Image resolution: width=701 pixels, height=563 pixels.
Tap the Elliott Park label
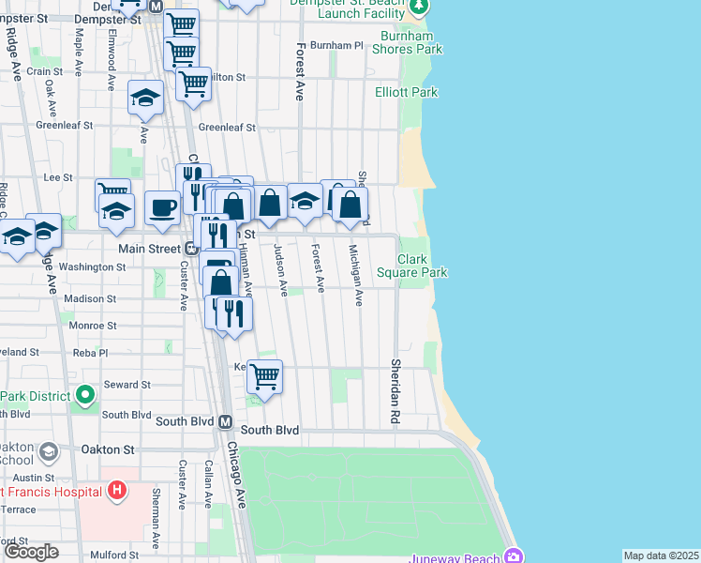pos(406,93)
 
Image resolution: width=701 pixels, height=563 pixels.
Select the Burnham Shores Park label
pos(410,42)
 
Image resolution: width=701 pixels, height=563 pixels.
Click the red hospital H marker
pos(116,489)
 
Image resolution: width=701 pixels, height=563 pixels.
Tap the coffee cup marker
pos(163,207)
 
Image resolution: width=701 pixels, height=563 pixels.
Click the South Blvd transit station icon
pos(225,423)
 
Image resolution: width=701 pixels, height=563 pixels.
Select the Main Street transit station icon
pos(189,249)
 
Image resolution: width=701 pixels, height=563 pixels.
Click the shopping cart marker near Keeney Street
pos(265,375)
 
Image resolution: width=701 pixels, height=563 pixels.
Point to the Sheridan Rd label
pos(395,376)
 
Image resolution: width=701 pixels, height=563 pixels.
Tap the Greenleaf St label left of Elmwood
pos(65,125)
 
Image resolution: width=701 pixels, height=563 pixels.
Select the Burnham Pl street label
pos(336,45)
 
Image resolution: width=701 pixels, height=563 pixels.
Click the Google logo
pos(31,552)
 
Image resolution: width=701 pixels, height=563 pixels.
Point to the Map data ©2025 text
pos(661,555)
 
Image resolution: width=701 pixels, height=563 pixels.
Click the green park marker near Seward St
pos(85,394)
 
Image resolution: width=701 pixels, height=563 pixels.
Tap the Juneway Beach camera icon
pos(513,556)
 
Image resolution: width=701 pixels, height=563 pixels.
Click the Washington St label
pos(92,266)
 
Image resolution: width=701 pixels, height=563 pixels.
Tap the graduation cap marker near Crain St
pos(146,97)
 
